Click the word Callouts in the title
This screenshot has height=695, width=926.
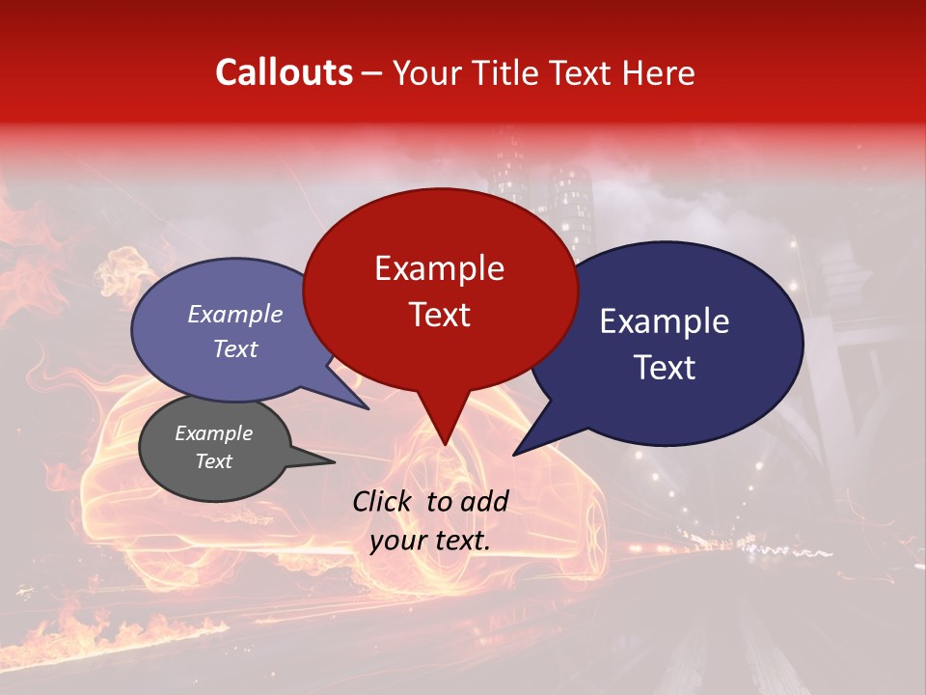pos(284,72)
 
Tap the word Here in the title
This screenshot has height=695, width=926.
pos(658,73)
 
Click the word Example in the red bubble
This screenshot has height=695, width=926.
pos(439,268)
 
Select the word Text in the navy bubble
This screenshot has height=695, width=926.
pos(665,368)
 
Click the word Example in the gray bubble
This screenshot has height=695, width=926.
pos(213,433)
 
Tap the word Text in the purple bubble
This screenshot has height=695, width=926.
pos(234,349)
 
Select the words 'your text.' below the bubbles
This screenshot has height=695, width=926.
pos(430,541)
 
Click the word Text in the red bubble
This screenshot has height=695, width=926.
pos(439,315)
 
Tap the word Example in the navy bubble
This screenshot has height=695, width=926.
pos(665,321)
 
